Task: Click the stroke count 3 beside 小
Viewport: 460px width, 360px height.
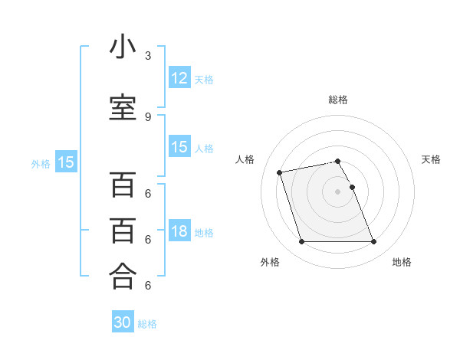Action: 148,56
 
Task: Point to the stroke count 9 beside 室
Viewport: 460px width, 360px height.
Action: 148,116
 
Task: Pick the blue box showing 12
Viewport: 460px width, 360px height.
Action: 179,78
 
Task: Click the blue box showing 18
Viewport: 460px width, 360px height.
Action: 179,232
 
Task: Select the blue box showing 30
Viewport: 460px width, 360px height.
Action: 123,322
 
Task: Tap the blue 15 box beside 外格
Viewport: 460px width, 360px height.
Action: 66,162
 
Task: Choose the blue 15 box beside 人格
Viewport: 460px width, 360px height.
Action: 179,147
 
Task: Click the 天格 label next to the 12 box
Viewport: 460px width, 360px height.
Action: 203,79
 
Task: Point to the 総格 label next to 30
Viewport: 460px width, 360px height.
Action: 147,323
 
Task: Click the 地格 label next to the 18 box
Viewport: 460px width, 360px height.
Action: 204,233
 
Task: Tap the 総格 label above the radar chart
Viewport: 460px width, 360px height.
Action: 338,100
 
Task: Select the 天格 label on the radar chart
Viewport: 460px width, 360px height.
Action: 431,159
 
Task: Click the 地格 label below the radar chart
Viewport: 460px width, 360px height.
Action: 402,262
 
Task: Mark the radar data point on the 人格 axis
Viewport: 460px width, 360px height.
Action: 280,172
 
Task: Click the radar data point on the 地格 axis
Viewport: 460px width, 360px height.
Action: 373,242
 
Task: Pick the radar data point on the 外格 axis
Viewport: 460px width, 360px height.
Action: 301,242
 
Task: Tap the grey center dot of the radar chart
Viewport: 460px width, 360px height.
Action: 337,191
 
